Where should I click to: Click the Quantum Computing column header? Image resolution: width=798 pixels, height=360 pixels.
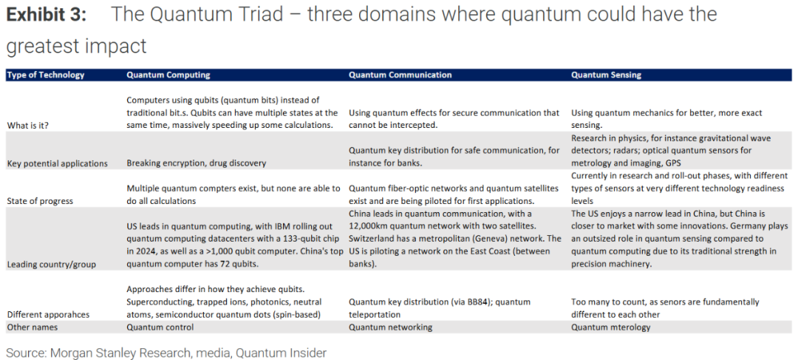168,75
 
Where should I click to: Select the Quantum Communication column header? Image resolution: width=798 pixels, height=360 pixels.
400,75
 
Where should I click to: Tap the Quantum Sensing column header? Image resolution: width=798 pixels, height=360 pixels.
606,75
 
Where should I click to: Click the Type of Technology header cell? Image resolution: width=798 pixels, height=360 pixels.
46,75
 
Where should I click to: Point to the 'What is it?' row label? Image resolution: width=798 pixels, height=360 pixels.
28,125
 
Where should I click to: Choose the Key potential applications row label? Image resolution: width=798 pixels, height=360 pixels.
57,163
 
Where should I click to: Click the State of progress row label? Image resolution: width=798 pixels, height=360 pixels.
40,201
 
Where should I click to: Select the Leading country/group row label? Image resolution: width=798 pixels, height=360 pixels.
52,265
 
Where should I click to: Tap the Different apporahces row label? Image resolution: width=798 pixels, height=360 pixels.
48,315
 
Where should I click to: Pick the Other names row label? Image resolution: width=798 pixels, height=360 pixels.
32,327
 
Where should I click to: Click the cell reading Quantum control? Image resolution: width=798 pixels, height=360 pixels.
160,327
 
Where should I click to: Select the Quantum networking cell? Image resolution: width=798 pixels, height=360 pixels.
390,327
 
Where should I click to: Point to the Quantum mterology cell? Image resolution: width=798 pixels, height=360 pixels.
611,327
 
